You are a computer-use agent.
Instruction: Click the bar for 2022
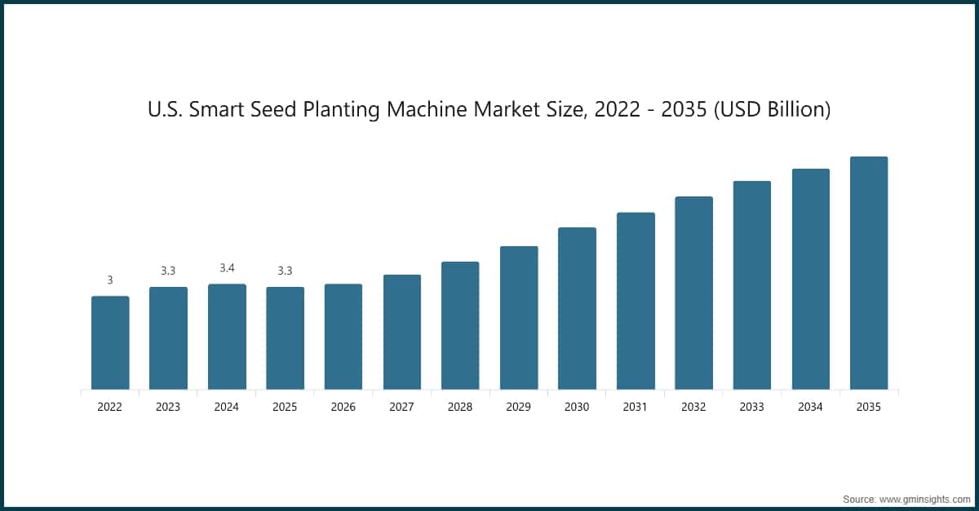pos(110,342)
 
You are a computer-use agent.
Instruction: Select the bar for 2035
pos(869,273)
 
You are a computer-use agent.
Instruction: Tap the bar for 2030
pos(577,308)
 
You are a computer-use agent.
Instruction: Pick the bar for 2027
pos(402,332)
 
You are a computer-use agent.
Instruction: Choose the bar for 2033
pos(752,285)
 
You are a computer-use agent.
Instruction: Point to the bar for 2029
pos(519,318)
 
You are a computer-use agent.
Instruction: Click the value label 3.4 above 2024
pos(227,268)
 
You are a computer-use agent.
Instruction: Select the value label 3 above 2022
pos(110,280)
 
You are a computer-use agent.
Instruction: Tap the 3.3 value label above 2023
pos(168,271)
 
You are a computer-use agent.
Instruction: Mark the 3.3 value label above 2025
pos(285,271)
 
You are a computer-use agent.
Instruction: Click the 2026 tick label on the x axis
pos(343,407)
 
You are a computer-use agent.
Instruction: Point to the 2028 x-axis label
pos(460,407)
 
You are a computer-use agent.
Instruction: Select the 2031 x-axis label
pos(636,407)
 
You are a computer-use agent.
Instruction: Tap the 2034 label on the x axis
pos(810,407)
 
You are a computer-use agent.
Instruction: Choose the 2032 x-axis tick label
pos(693,407)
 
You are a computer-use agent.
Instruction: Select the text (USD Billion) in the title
pos(772,109)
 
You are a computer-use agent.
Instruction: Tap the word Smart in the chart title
pos(215,109)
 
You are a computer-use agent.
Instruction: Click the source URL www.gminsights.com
pos(925,498)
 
